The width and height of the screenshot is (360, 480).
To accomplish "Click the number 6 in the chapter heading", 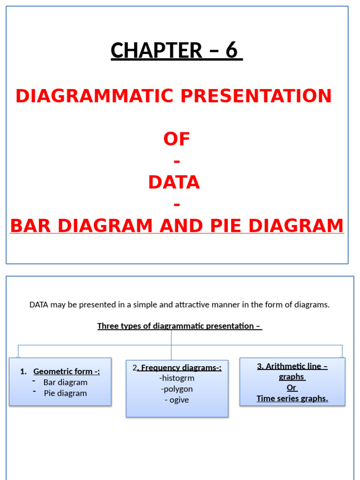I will click(x=232, y=51).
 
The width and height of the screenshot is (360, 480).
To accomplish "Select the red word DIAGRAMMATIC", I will click(x=95, y=96).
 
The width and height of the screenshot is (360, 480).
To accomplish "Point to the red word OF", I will click(x=177, y=139).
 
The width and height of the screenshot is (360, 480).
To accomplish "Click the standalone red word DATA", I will click(x=174, y=182).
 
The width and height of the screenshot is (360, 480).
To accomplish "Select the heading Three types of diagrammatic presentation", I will click(x=180, y=326).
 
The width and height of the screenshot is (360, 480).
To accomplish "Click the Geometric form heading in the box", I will click(x=67, y=372).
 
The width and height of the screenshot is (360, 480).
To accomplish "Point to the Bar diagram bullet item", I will click(x=66, y=382).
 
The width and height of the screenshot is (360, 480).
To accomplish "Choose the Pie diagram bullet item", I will click(x=66, y=393).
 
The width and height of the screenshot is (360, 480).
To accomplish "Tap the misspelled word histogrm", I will click(x=177, y=378).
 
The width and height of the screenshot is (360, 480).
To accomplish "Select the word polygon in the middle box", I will click(x=177, y=389).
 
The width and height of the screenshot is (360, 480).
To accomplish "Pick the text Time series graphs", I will click(x=292, y=399).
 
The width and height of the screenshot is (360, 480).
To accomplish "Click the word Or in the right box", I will click(x=292, y=388).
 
